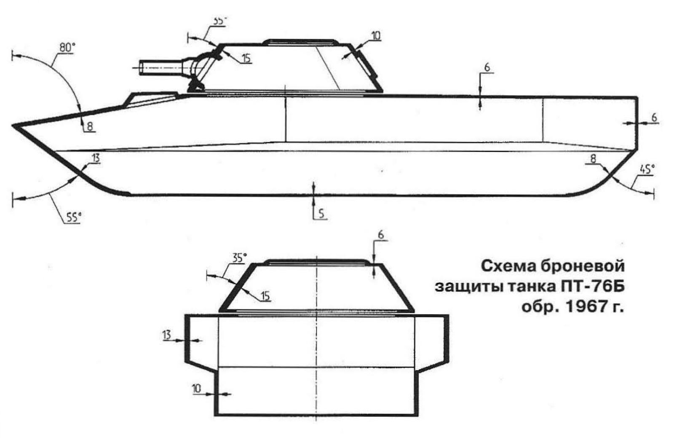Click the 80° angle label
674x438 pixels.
(x=67, y=47)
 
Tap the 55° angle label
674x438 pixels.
(x=73, y=217)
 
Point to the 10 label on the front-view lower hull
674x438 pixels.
(x=197, y=388)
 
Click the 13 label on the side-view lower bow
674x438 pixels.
(x=96, y=159)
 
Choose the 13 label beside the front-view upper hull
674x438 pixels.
(x=167, y=335)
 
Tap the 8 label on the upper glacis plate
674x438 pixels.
(x=90, y=126)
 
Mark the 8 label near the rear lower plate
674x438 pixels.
(x=593, y=159)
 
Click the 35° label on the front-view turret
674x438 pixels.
(x=239, y=258)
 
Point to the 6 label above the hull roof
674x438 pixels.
(x=487, y=68)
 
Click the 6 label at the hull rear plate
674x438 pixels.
(x=654, y=118)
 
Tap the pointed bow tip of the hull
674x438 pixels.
(x=13, y=125)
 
